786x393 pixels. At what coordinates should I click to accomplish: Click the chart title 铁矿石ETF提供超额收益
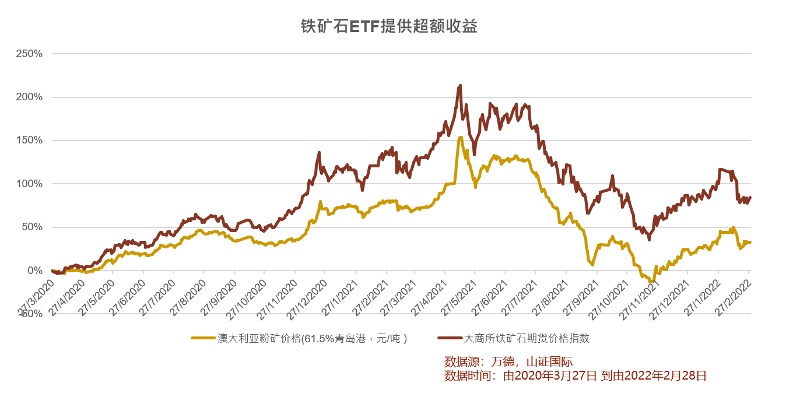point(389,26)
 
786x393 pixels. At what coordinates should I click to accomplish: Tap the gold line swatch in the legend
point(203,338)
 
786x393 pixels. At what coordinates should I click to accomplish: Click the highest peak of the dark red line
point(460,86)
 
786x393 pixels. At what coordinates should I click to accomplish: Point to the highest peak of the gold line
point(460,138)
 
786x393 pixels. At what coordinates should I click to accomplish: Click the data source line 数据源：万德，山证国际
point(508,362)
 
